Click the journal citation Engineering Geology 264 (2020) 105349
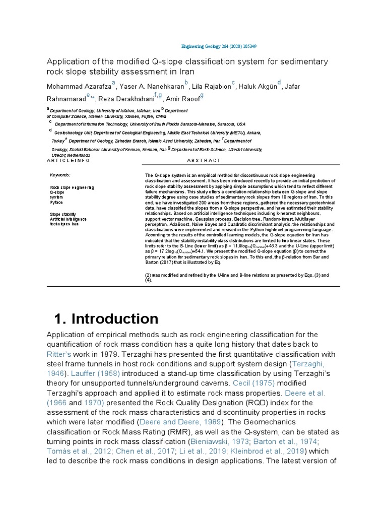(219, 46)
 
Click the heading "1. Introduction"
(106, 319)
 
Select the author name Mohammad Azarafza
(79, 86)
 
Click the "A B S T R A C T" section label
(204, 160)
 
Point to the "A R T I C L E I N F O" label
(68, 160)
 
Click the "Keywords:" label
(60, 175)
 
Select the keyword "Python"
(56, 202)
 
